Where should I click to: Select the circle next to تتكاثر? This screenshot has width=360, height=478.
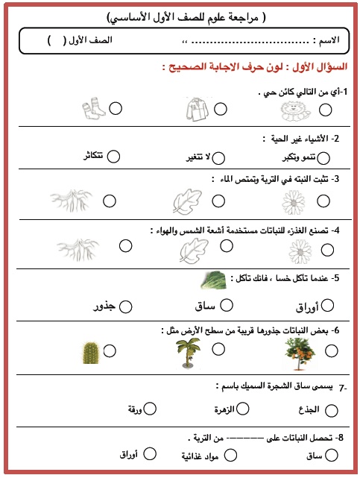coord(114,156)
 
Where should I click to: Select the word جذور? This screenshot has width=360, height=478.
coord(103,306)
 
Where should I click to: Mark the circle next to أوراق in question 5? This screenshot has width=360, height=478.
coord(326,304)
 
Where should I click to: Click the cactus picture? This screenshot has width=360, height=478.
coord(89,353)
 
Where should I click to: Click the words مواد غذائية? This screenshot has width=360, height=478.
coord(200,455)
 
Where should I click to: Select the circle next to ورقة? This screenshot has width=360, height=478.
coord(150,408)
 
